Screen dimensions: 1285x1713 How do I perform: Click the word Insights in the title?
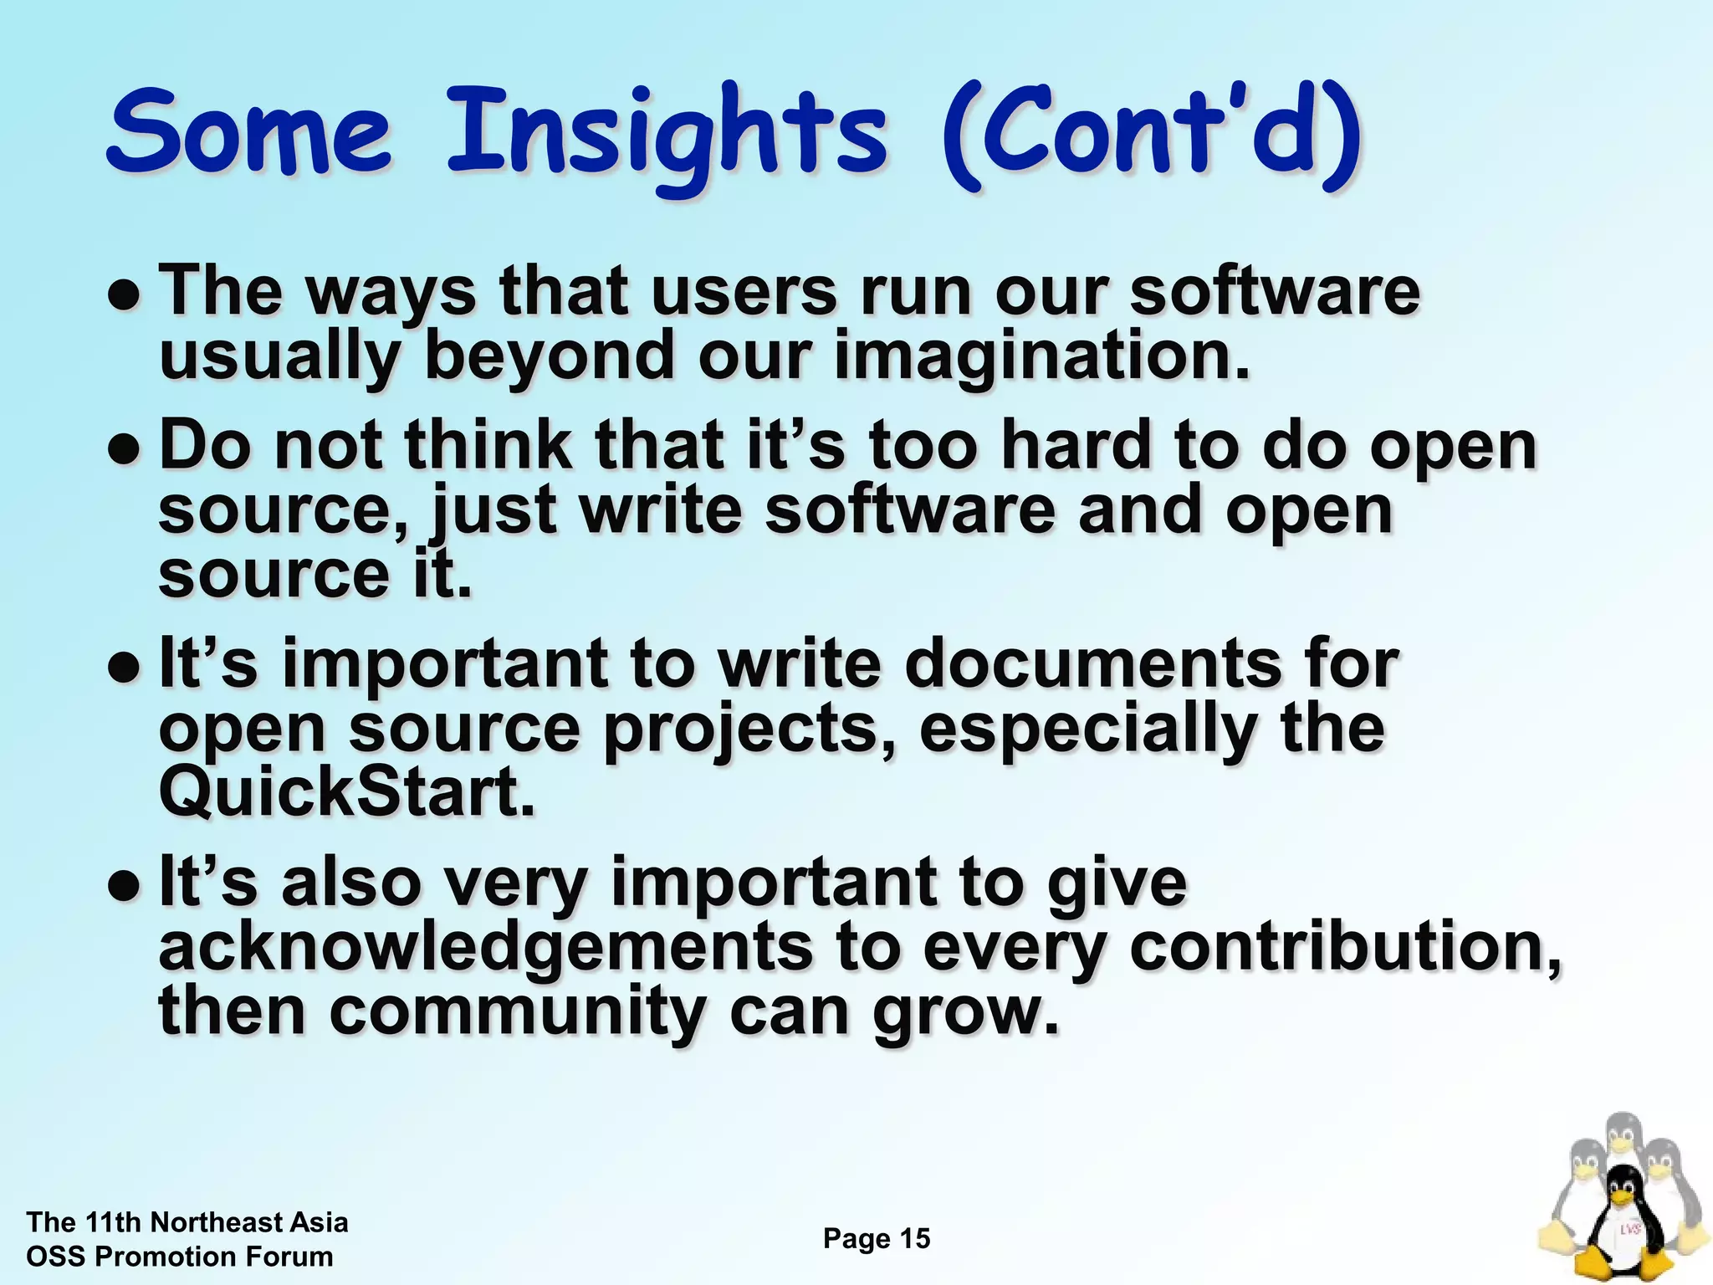click(x=665, y=134)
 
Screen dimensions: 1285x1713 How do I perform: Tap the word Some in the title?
click(x=248, y=134)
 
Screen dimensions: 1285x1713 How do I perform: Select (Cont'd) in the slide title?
click(x=1150, y=134)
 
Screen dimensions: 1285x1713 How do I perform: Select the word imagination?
click(x=1041, y=356)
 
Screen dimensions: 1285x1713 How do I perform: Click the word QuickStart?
click(x=346, y=792)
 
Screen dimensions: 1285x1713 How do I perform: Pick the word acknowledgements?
click(x=485, y=950)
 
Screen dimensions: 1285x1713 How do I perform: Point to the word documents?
click(x=1092, y=665)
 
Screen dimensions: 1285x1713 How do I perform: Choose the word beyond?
click(x=549, y=356)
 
